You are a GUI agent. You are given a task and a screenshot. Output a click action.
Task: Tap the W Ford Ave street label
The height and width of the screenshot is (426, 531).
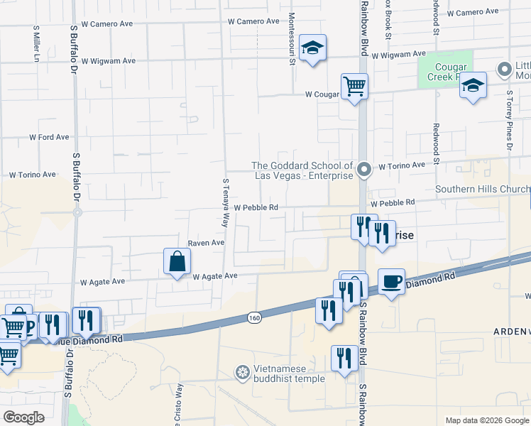[x=49, y=137]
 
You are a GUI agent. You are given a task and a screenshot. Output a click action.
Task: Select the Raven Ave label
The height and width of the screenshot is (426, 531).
[x=206, y=243]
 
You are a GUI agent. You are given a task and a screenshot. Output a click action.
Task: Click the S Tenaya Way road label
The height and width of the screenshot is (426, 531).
[x=226, y=201]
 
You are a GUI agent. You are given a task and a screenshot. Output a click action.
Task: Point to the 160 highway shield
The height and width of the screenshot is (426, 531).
[x=253, y=317]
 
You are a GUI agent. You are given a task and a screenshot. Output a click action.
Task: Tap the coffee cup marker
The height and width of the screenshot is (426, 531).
[x=391, y=282]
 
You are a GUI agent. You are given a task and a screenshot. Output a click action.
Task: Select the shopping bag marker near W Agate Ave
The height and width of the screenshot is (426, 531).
[x=177, y=261]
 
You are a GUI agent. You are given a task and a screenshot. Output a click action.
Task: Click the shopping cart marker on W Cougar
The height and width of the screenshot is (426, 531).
[x=354, y=87]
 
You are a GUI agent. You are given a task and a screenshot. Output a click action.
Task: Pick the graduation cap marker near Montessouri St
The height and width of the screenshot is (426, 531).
[x=312, y=48]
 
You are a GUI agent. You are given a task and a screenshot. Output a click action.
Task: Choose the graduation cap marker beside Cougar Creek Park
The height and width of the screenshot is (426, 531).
[x=473, y=85]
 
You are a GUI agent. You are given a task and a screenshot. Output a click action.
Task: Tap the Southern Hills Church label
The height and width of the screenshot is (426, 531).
[x=482, y=189]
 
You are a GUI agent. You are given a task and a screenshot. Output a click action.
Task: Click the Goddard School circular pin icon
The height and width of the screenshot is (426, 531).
[x=364, y=169]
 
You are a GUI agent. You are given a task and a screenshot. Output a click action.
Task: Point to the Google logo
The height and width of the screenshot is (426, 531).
[x=23, y=417]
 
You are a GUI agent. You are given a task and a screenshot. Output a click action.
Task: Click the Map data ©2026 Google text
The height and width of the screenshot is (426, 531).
[x=487, y=420]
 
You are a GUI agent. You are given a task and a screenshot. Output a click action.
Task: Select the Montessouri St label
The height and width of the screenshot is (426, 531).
[x=292, y=37]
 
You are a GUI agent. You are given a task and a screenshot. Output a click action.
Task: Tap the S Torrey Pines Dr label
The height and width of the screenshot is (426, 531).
[x=510, y=120]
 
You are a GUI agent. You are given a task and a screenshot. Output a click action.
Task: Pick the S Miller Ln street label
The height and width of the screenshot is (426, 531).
[x=36, y=44]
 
